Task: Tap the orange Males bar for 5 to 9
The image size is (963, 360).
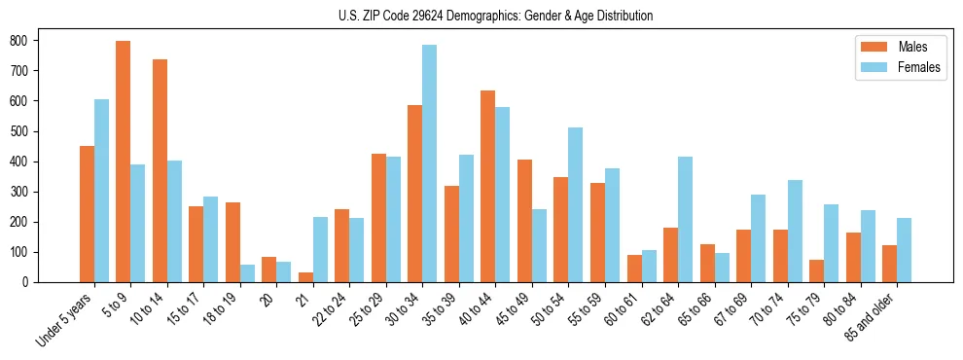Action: click(x=124, y=162)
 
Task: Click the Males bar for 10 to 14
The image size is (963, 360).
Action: click(x=160, y=171)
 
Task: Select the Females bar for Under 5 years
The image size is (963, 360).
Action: click(x=101, y=191)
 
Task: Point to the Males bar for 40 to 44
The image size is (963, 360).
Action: click(x=488, y=186)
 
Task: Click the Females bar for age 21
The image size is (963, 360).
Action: click(x=320, y=249)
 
